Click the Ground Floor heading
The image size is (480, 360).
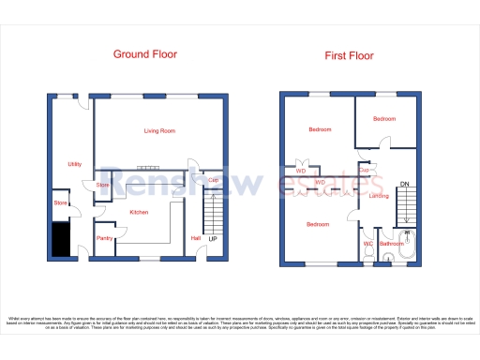click(x=145, y=54)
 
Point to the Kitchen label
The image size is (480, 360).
click(x=139, y=213)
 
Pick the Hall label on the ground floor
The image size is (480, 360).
click(x=196, y=238)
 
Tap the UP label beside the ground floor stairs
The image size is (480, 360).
click(x=214, y=239)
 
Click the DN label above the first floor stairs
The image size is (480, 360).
click(x=404, y=183)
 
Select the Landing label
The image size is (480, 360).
click(x=379, y=197)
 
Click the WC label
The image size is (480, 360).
click(x=368, y=245)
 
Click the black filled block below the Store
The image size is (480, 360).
click(x=59, y=238)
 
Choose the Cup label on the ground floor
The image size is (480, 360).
click(x=214, y=180)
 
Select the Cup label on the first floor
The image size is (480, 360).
click(x=378, y=171)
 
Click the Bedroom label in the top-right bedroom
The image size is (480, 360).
click(x=384, y=119)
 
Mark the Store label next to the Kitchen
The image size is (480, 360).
click(x=103, y=186)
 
